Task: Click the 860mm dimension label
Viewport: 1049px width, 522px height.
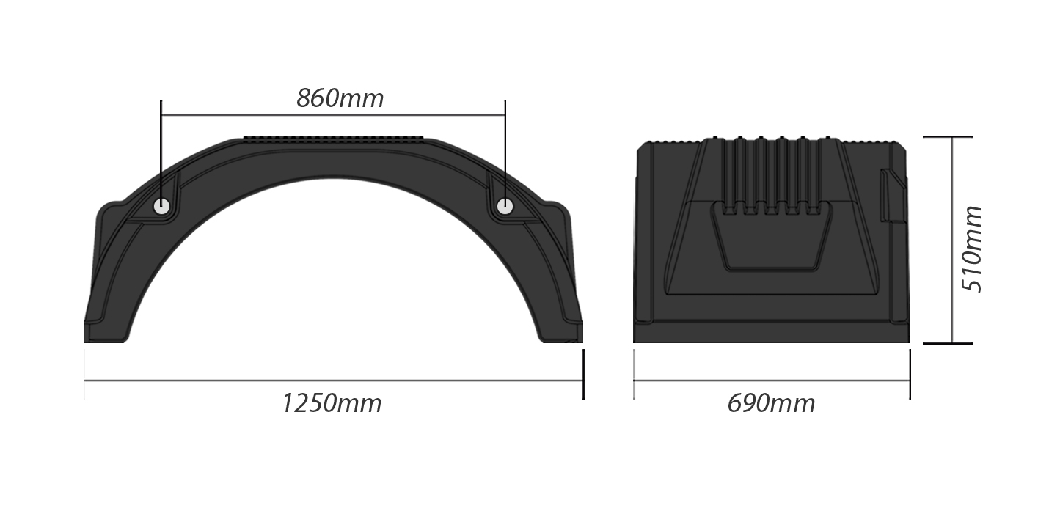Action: pyautogui.click(x=340, y=98)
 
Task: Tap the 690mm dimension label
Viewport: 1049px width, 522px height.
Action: pyautogui.click(x=771, y=403)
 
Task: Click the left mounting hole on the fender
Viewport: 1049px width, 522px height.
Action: pyautogui.click(x=162, y=207)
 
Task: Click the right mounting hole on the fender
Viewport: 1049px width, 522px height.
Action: pyautogui.click(x=505, y=207)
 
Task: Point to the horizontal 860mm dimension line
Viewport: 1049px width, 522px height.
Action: pyautogui.click(x=333, y=114)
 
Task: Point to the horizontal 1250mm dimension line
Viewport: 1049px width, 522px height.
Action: pyautogui.click(x=334, y=381)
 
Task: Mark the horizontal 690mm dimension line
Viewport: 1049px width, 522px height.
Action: pyautogui.click(x=772, y=381)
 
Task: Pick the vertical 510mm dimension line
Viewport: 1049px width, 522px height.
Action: pyautogui.click(x=952, y=240)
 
